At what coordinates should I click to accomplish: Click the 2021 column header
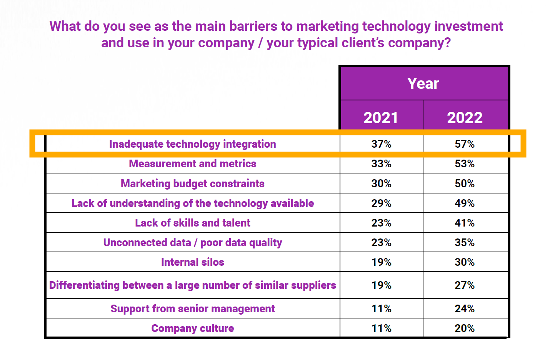tap(381, 118)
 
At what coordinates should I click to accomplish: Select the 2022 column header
tap(465, 118)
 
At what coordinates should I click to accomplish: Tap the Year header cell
tap(423, 83)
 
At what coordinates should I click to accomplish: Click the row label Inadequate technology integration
tap(192, 144)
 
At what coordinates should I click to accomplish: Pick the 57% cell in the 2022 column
tap(465, 144)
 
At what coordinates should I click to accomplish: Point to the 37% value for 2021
tap(381, 144)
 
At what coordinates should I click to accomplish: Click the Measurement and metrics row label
tap(192, 164)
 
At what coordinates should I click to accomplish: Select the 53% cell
tap(465, 164)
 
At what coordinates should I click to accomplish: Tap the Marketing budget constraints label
tap(192, 184)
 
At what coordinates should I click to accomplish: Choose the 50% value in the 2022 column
tap(465, 183)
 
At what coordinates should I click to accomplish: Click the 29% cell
tap(381, 203)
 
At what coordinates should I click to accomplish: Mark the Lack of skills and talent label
tap(192, 223)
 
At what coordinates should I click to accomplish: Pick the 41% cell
tap(465, 223)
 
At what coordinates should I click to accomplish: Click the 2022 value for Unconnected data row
tap(465, 242)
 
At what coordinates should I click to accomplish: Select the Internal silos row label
tap(192, 262)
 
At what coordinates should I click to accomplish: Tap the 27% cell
tap(465, 285)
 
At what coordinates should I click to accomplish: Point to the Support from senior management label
tap(192, 309)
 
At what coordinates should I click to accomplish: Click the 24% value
tap(465, 309)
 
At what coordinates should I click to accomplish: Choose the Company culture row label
tap(192, 328)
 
